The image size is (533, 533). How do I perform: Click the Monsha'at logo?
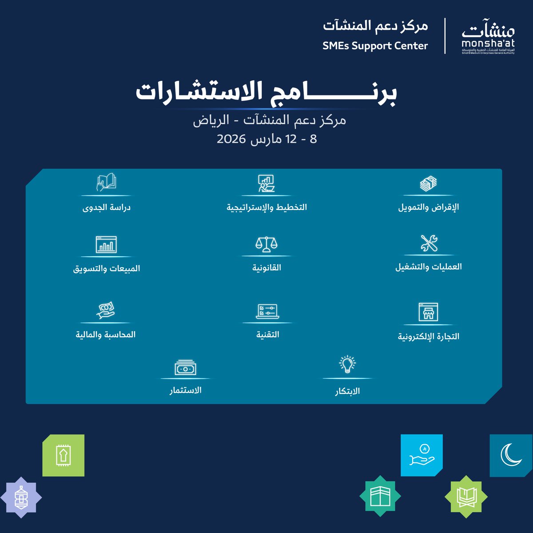(x=488, y=37)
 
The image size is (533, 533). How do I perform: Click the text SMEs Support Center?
(x=375, y=46)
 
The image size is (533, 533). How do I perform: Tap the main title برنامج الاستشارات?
(x=266, y=92)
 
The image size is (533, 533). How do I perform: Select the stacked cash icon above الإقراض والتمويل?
(x=429, y=183)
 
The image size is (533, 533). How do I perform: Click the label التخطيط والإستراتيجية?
(x=266, y=207)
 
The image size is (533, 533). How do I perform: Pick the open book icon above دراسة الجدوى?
(x=106, y=183)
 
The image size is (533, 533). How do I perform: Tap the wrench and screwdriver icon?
(x=429, y=243)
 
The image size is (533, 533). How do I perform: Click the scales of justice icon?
(x=266, y=244)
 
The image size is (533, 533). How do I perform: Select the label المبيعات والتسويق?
(x=107, y=268)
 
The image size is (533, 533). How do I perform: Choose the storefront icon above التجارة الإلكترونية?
(x=428, y=312)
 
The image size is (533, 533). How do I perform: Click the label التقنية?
(x=267, y=334)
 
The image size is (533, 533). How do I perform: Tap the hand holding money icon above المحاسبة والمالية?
(x=106, y=310)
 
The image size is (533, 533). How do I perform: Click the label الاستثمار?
(x=185, y=390)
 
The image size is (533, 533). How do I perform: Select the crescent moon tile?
(x=511, y=455)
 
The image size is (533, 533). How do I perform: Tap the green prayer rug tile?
(x=63, y=455)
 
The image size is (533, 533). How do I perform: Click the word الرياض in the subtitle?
(x=211, y=120)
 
